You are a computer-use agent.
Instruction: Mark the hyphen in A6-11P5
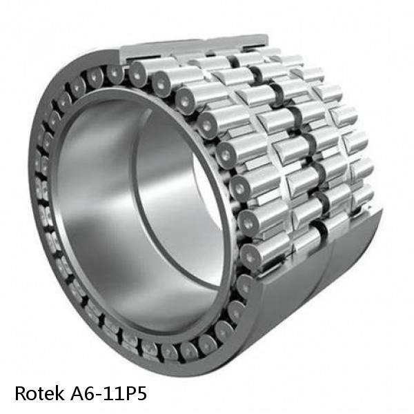[x=93, y=395]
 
